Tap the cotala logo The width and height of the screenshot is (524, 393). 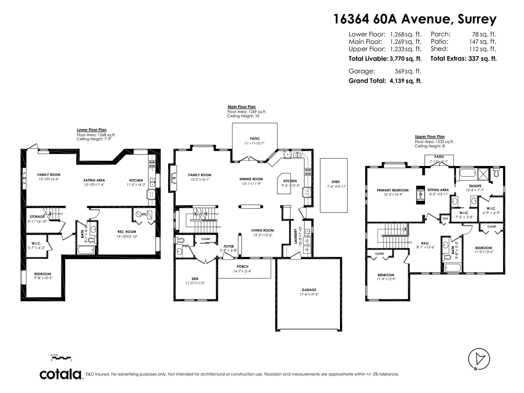click(61, 374)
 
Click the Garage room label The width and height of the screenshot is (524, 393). click(309, 290)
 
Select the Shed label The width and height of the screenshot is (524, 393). click(335, 182)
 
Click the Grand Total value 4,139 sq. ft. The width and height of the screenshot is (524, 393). click(405, 81)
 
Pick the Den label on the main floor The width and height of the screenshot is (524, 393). click(195, 279)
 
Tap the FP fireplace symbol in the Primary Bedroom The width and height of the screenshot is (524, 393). click(421, 195)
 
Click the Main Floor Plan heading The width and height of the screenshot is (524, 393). click(241, 107)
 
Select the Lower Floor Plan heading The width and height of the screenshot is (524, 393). click(91, 130)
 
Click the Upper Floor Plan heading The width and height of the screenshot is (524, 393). click(430, 137)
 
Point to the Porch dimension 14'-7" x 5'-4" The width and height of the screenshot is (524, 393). click(242, 271)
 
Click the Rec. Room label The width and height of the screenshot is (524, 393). click(126, 232)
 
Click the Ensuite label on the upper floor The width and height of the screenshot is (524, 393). click(475, 186)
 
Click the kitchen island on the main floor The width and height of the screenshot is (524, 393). click(284, 183)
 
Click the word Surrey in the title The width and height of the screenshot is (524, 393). click(476, 19)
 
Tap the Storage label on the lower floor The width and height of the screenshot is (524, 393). click(37, 217)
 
